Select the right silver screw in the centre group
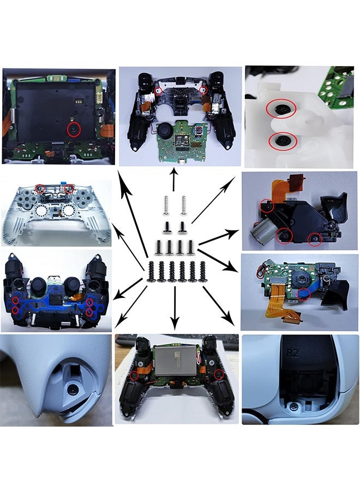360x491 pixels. (x=183, y=204)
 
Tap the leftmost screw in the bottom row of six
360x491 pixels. (x=151, y=271)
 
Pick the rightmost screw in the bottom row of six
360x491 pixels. (x=202, y=271)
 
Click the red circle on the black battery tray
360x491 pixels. (x=73, y=129)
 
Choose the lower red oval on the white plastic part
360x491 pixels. (x=283, y=142)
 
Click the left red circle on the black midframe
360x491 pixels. (x=158, y=90)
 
